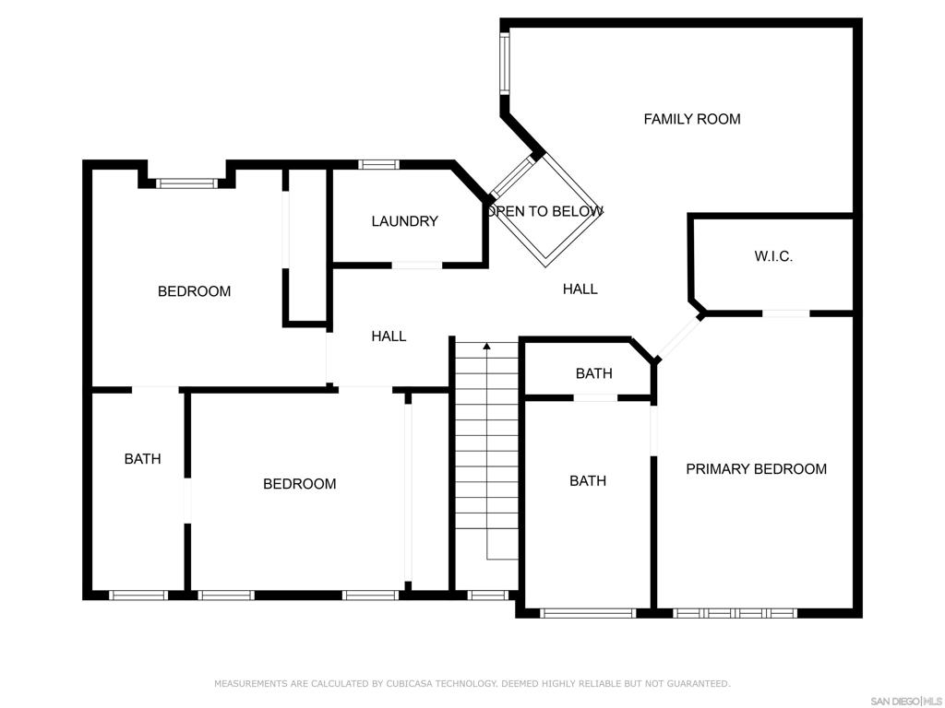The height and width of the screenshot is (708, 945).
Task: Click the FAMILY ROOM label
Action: pyautogui.click(x=691, y=119)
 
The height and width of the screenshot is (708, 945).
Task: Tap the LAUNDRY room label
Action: pyautogui.click(x=404, y=221)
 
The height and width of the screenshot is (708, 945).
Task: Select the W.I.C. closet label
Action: pyautogui.click(x=772, y=256)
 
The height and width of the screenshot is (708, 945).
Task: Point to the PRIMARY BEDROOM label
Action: pyautogui.click(x=756, y=469)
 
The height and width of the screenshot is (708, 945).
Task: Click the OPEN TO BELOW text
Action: pyautogui.click(x=545, y=211)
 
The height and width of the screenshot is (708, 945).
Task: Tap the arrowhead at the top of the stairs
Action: pyautogui.click(x=486, y=347)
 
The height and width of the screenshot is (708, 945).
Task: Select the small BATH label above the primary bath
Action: pyautogui.click(x=593, y=373)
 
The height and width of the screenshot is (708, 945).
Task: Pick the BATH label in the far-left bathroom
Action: pyautogui.click(x=142, y=458)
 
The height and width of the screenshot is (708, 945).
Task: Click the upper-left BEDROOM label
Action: pyautogui.click(x=194, y=291)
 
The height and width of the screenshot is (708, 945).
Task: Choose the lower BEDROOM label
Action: pyautogui.click(x=299, y=484)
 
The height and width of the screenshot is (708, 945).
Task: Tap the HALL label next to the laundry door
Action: pyautogui.click(x=389, y=336)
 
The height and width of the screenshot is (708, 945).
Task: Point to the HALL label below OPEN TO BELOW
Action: pyautogui.click(x=580, y=289)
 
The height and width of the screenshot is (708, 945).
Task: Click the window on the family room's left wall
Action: pyautogui.click(x=505, y=63)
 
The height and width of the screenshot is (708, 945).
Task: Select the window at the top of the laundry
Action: pyautogui.click(x=377, y=164)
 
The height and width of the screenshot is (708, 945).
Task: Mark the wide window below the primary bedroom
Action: pyautogui.click(x=735, y=612)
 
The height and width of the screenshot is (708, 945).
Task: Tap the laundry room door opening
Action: pyautogui.click(x=417, y=265)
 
